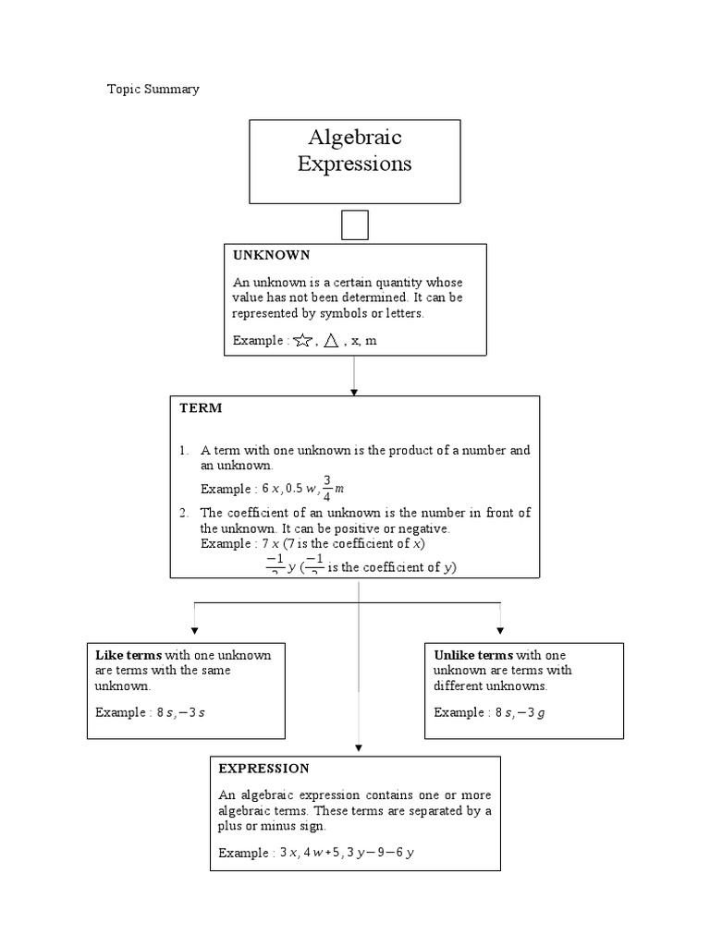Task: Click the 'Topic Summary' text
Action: [153, 90]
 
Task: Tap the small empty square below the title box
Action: [355, 225]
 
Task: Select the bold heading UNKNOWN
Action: [271, 255]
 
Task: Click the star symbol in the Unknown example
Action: [301, 341]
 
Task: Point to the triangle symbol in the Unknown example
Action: [330, 341]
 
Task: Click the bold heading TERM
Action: [201, 407]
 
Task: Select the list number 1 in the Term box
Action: [184, 451]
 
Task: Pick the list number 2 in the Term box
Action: [184, 513]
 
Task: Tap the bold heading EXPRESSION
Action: [263, 769]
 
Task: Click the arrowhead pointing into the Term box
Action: [354, 392]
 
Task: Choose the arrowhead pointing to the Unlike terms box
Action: [500, 630]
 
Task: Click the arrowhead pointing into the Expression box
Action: [359, 749]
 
